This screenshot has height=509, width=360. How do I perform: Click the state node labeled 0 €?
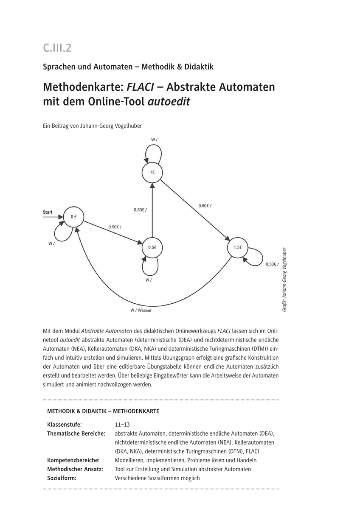(73, 217)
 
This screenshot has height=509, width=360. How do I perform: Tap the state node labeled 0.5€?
(152, 247)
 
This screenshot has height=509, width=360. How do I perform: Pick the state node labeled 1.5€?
(237, 247)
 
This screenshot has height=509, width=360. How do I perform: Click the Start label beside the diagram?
(48, 212)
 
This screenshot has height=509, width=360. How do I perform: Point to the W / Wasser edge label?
(141, 310)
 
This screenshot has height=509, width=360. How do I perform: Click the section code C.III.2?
(57, 48)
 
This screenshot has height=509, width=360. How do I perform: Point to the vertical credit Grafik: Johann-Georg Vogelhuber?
(285, 280)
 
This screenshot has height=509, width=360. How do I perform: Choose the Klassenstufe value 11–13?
(122, 424)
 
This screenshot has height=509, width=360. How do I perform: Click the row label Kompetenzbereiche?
(73, 460)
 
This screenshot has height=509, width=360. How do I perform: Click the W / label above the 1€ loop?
(155, 139)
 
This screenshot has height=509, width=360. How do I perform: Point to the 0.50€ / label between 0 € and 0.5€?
(115, 227)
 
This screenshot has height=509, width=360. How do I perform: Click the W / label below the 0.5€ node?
(149, 280)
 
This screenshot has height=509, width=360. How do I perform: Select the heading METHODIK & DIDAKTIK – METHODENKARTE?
(103, 411)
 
